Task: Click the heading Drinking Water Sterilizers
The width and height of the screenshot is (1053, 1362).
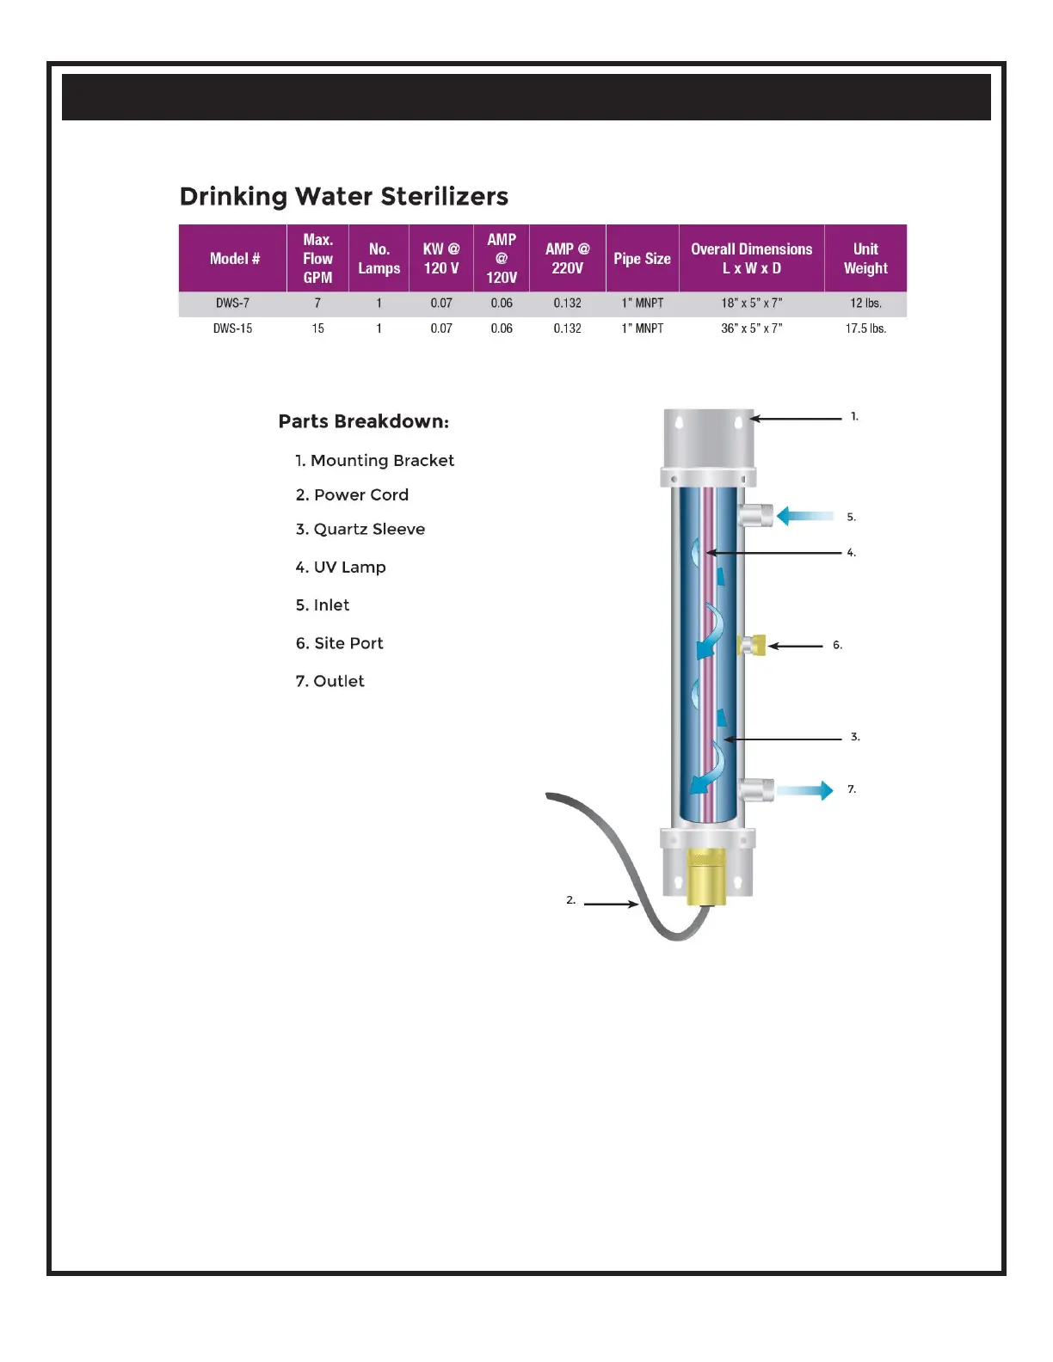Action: coord(343,197)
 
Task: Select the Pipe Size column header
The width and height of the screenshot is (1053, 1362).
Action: coord(642,259)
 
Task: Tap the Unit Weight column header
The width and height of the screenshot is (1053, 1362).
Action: coord(865,259)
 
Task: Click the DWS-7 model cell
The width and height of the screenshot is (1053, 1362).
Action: coord(232,304)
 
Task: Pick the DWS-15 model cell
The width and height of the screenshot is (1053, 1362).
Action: coord(232,328)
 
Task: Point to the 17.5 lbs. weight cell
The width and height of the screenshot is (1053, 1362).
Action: coord(865,328)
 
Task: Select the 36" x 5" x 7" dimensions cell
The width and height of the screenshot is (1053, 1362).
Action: coord(751,328)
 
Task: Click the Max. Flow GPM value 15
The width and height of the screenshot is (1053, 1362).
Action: coord(317,328)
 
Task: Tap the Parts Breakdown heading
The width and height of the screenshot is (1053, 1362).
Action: coord(363,422)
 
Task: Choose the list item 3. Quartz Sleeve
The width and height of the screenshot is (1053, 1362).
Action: coord(360,530)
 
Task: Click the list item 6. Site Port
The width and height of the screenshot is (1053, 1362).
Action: coord(339,643)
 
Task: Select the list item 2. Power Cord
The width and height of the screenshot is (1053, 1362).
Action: coord(352,495)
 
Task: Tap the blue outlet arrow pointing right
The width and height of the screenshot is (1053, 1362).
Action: coord(805,790)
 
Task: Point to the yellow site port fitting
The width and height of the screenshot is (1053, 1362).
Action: coord(752,645)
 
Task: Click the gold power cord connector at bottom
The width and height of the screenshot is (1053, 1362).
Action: coord(706,877)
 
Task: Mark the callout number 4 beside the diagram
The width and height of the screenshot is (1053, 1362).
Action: coord(851,553)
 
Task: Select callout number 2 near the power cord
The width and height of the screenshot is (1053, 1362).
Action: coord(570,900)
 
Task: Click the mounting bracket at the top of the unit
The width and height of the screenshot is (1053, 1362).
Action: coord(708,438)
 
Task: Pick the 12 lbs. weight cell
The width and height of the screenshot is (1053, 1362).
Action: coord(865,304)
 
